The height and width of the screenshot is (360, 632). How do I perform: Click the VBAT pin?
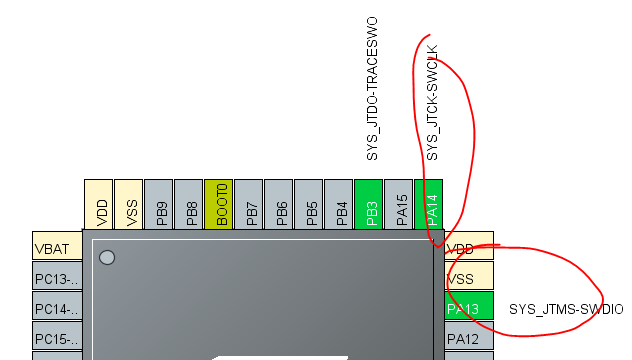click(x=56, y=247)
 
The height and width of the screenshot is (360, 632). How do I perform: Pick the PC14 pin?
click(x=56, y=308)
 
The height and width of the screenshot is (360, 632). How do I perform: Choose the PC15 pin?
click(x=56, y=338)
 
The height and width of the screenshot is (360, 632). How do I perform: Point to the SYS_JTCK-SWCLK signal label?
click(x=432, y=102)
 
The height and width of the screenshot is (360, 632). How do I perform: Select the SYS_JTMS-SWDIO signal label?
click(x=565, y=309)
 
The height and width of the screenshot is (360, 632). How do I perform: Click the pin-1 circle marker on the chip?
click(x=107, y=257)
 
